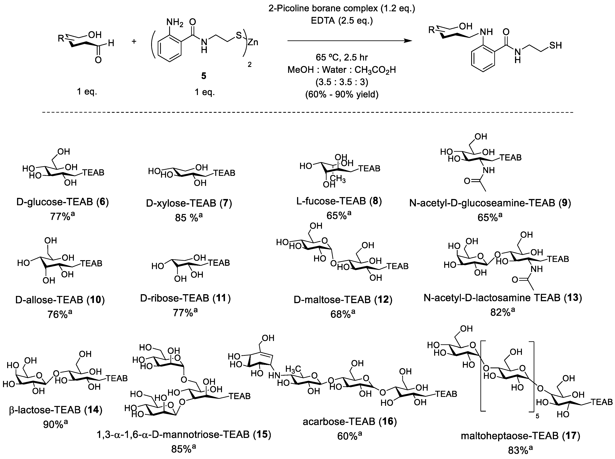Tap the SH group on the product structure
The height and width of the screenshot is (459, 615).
pos(555,45)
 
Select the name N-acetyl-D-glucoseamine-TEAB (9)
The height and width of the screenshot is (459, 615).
pos(490,203)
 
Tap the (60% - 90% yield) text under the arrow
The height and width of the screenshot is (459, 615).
pos(342,95)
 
